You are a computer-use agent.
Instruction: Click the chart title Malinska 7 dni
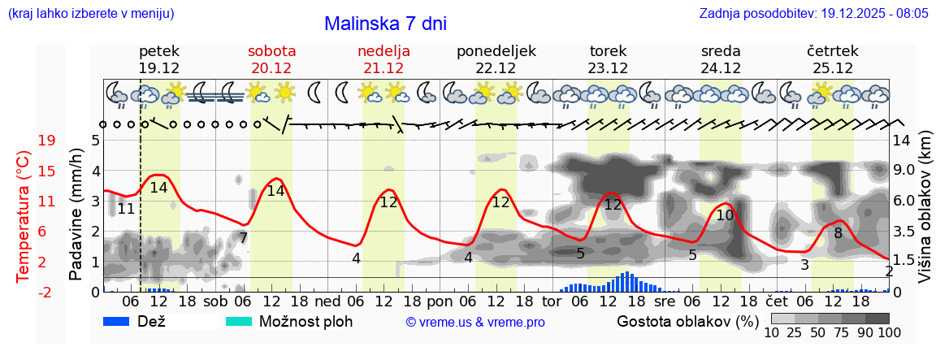[385, 24]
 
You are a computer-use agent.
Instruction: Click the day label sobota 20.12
[271, 59]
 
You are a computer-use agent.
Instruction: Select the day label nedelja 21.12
[383, 59]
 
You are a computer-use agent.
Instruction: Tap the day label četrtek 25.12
[833, 59]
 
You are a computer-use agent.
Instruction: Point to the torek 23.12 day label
[608, 59]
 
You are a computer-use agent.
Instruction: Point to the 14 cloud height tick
[903, 141]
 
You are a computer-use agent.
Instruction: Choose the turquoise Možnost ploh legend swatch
[239, 321]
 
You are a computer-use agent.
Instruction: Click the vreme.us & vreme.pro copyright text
[474, 323]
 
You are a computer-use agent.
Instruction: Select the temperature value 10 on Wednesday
[725, 215]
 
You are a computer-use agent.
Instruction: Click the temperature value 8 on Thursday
[838, 232]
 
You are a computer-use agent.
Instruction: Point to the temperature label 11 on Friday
[125, 209]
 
